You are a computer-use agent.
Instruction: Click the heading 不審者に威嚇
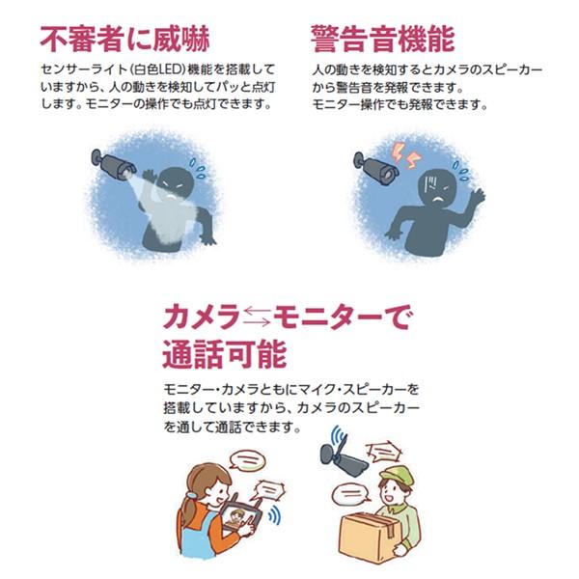pos(124,38)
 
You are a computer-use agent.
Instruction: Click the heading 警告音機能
pos(382,38)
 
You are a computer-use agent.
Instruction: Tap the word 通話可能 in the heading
pos(225,353)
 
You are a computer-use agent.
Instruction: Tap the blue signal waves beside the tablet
pos(274,515)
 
